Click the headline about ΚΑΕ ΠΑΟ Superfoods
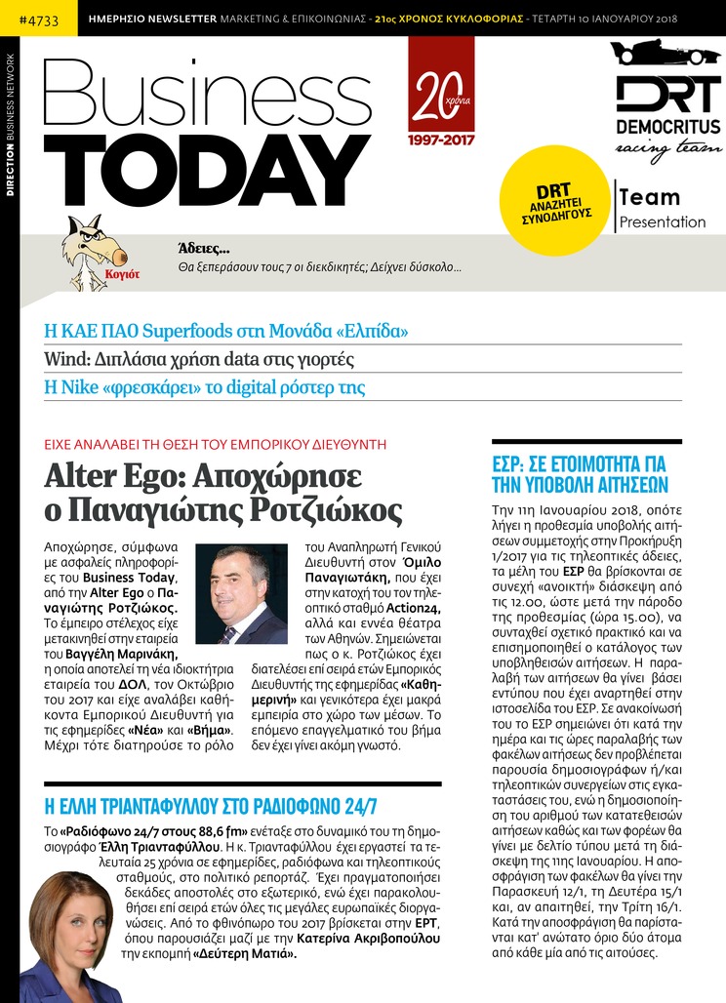point(226,330)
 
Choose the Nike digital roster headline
point(205,387)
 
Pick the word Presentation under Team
point(663,221)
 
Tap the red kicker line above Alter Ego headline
point(216,444)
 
